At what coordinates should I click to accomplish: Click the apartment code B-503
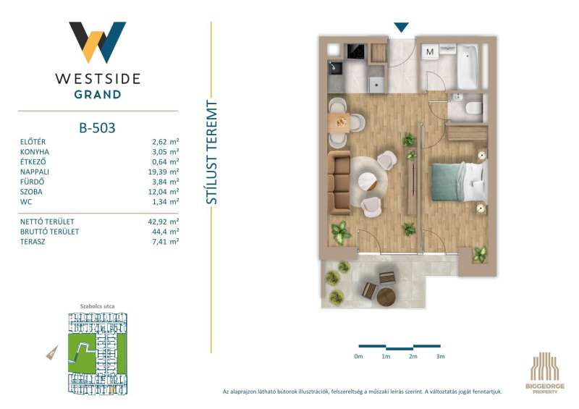pos(97,128)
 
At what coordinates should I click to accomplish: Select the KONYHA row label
pos(35,152)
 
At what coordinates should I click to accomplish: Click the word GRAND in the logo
pos(98,95)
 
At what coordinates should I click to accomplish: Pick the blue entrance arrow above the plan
pos(401,28)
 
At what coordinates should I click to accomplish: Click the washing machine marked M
pos(430,51)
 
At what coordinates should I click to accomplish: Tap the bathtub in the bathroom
pos(468,67)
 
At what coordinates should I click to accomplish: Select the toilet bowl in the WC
pos(474,109)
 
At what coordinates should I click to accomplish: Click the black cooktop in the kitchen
pos(356,51)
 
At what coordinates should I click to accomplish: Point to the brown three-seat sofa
pos(339,182)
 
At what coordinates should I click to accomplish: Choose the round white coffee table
pos(368,181)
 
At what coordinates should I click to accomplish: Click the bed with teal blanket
pos(460,182)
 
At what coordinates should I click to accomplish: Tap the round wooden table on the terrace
pos(386,298)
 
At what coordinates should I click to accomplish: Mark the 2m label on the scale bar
pos(413,357)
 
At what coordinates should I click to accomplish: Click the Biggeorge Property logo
pos(545,372)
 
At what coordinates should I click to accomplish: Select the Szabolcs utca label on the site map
pos(98,306)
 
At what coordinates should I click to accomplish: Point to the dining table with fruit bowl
pos(339,122)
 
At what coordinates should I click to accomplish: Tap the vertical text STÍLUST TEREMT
pos(211,152)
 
